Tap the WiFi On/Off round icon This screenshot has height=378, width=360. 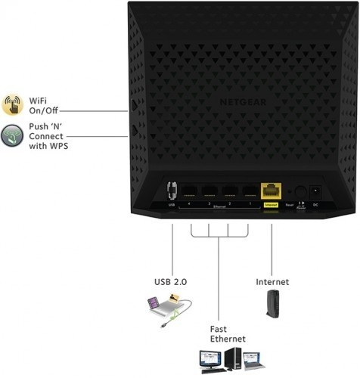13,105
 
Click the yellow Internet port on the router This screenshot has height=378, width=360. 270,193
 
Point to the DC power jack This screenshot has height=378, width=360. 316,192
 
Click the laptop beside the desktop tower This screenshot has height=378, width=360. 253,363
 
